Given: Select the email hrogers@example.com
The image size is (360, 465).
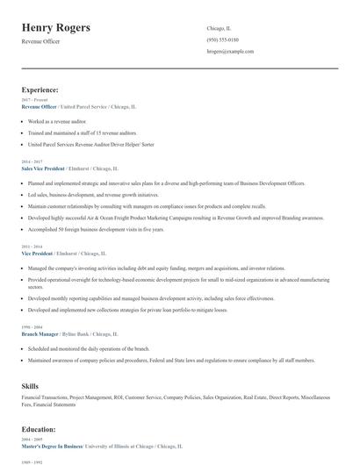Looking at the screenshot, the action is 230,52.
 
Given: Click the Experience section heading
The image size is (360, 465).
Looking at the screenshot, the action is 40,89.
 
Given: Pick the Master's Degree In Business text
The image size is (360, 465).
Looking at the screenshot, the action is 52,447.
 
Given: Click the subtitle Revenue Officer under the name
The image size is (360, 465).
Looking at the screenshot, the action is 41,41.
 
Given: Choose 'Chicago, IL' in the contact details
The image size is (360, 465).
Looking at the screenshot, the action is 220,27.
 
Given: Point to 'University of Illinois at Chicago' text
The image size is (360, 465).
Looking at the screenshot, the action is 135,447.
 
